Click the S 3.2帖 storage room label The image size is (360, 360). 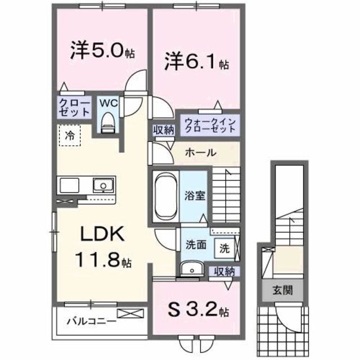[x=196, y=309]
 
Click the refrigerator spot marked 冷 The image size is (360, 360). [x=70, y=134]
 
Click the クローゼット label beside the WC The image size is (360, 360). [x=74, y=107]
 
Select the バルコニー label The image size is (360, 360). [x=91, y=322]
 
